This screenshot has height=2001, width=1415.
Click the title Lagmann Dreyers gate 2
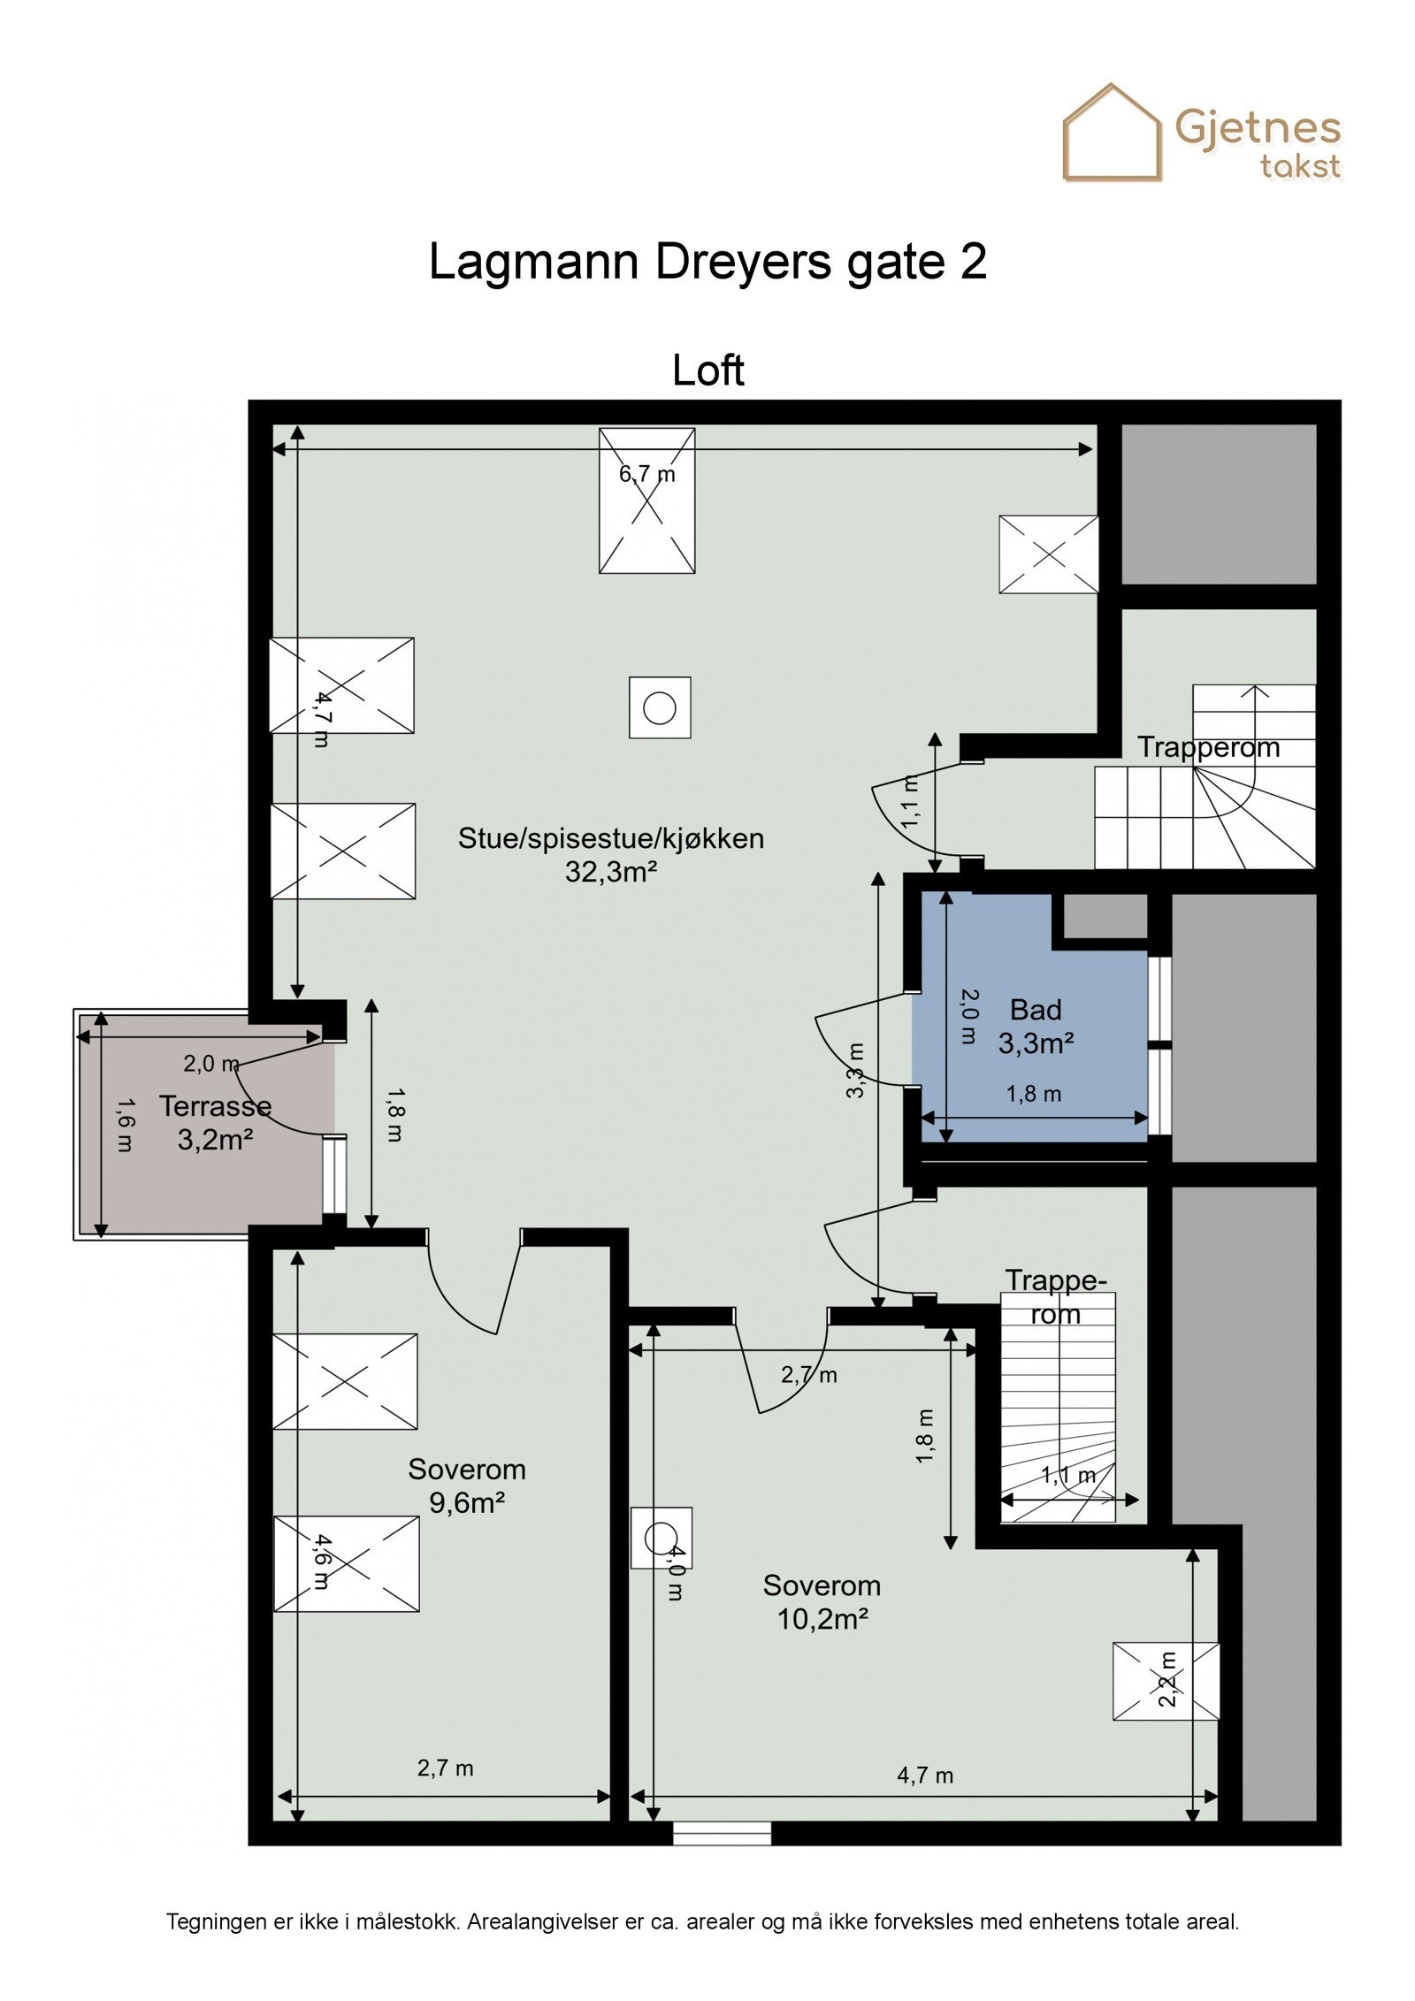707,263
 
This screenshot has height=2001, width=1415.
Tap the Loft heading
707,370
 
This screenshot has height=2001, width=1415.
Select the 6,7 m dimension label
646,474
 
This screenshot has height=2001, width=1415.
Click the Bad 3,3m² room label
1036,1027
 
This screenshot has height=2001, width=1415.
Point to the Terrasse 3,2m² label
215,1123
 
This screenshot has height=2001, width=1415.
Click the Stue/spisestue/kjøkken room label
610,855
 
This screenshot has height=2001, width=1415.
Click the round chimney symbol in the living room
660,707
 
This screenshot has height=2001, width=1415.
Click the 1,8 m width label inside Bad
1033,1094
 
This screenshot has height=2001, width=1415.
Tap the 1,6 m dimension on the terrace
125,1125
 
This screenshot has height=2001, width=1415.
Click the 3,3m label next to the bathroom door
855,1070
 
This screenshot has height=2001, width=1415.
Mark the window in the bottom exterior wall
722,1834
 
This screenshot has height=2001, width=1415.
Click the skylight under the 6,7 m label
646,500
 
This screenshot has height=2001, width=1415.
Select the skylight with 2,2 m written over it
1166,1692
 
